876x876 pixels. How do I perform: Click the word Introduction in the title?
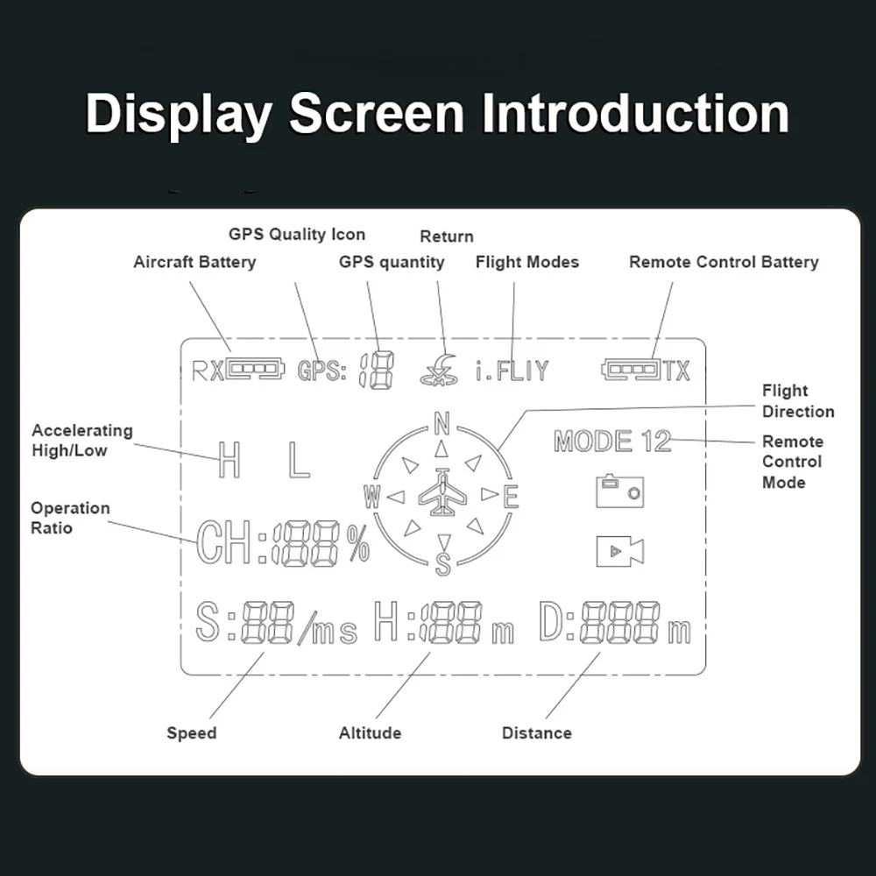pos(635,113)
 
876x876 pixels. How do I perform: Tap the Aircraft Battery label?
pos(194,262)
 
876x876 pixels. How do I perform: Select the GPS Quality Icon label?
pos(297,234)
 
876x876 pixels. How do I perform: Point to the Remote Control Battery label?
pos(724,262)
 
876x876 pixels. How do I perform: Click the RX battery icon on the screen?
pos(255,369)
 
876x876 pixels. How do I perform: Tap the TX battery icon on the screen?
pos(631,370)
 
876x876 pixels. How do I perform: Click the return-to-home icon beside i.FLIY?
pos(439,371)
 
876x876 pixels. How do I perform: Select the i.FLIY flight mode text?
pos(512,371)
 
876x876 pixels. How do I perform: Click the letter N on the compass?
pos(442,423)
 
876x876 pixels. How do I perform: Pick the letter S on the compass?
pos(442,564)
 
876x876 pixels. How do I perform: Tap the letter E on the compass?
pos(511,497)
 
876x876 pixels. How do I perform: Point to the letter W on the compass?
pos(372,496)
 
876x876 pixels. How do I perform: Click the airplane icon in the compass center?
pos(442,492)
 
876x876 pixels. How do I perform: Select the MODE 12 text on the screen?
pos(612,442)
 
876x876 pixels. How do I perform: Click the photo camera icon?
pos(619,491)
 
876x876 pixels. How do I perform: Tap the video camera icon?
pos(619,551)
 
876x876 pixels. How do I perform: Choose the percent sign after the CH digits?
pos(358,543)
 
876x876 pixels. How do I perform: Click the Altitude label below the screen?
pos(370,733)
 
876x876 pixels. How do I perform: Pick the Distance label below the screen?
pos(536,733)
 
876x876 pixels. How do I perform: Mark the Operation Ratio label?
pos(70,518)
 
